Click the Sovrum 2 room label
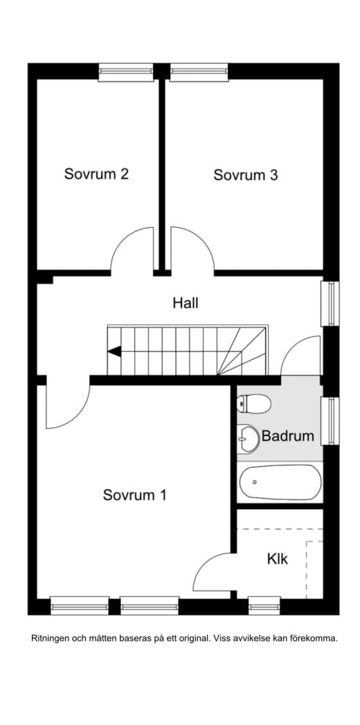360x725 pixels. coord(96,174)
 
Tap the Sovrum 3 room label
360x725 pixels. coord(245,175)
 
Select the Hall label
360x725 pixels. coord(186,303)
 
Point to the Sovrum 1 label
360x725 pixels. coord(134,495)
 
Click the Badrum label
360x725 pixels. coord(287,437)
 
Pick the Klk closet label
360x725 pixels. coord(277,559)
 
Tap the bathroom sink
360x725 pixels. coord(247,437)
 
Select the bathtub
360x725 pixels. coord(280,482)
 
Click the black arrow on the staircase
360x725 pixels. coord(114,351)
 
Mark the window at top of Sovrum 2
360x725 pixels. coord(125,71)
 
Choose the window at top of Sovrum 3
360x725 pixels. coord(199,71)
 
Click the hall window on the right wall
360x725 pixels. coord(332,303)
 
